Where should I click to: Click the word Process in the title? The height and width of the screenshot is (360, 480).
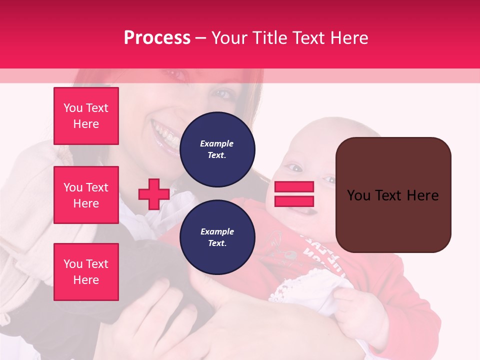(x=157, y=38)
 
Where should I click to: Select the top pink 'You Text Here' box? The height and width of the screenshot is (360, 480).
(x=86, y=116)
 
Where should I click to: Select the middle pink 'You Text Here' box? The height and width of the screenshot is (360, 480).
(x=86, y=195)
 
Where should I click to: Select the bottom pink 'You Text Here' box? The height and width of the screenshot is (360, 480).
(x=86, y=272)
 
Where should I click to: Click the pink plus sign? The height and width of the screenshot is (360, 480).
(x=153, y=194)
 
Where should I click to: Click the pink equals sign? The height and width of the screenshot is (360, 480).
(x=294, y=194)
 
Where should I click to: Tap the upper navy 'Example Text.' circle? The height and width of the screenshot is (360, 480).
(x=217, y=149)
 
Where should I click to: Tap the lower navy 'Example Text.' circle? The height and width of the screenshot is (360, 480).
(x=217, y=237)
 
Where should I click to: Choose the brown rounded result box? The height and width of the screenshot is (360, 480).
(x=393, y=194)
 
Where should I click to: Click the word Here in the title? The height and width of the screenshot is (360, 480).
(x=350, y=38)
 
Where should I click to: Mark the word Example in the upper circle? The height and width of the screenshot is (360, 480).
(x=217, y=143)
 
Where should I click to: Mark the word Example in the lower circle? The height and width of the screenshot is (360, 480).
(x=217, y=231)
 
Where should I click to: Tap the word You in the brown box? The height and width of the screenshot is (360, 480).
(x=359, y=195)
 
